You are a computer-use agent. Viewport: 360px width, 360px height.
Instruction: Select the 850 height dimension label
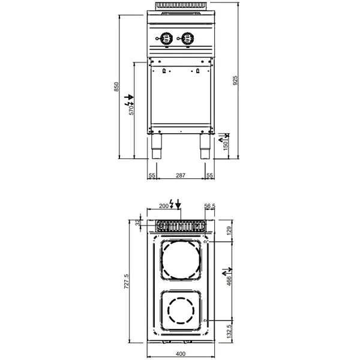(118, 86)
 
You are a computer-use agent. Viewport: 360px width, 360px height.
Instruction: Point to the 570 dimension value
(132, 108)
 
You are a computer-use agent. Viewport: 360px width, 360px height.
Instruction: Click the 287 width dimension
(181, 175)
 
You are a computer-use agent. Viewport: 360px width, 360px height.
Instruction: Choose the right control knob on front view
(187, 38)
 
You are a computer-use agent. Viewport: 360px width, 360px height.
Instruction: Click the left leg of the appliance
(157, 147)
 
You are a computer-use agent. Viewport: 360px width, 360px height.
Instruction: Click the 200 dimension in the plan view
(163, 206)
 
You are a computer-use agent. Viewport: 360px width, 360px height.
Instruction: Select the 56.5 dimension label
(209, 206)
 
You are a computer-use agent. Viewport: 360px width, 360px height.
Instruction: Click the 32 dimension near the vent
(138, 223)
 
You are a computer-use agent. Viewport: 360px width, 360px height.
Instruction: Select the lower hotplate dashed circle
(181, 311)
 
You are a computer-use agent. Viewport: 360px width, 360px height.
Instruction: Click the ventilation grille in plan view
(181, 227)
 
